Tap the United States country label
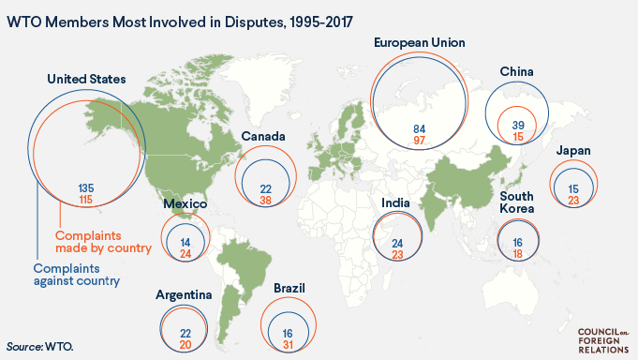pyautogui.click(x=86, y=80)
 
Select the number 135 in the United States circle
pyautogui.click(x=85, y=187)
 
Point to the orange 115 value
pyautogui.click(x=85, y=200)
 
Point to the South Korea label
pyautogui.click(x=516, y=202)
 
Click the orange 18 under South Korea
pyautogui.click(x=517, y=253)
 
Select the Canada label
pyautogui.click(x=263, y=137)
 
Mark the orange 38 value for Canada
pyautogui.click(x=265, y=200)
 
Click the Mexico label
pyautogui.click(x=185, y=204)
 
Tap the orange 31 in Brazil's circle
pyautogui.click(x=288, y=344)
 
